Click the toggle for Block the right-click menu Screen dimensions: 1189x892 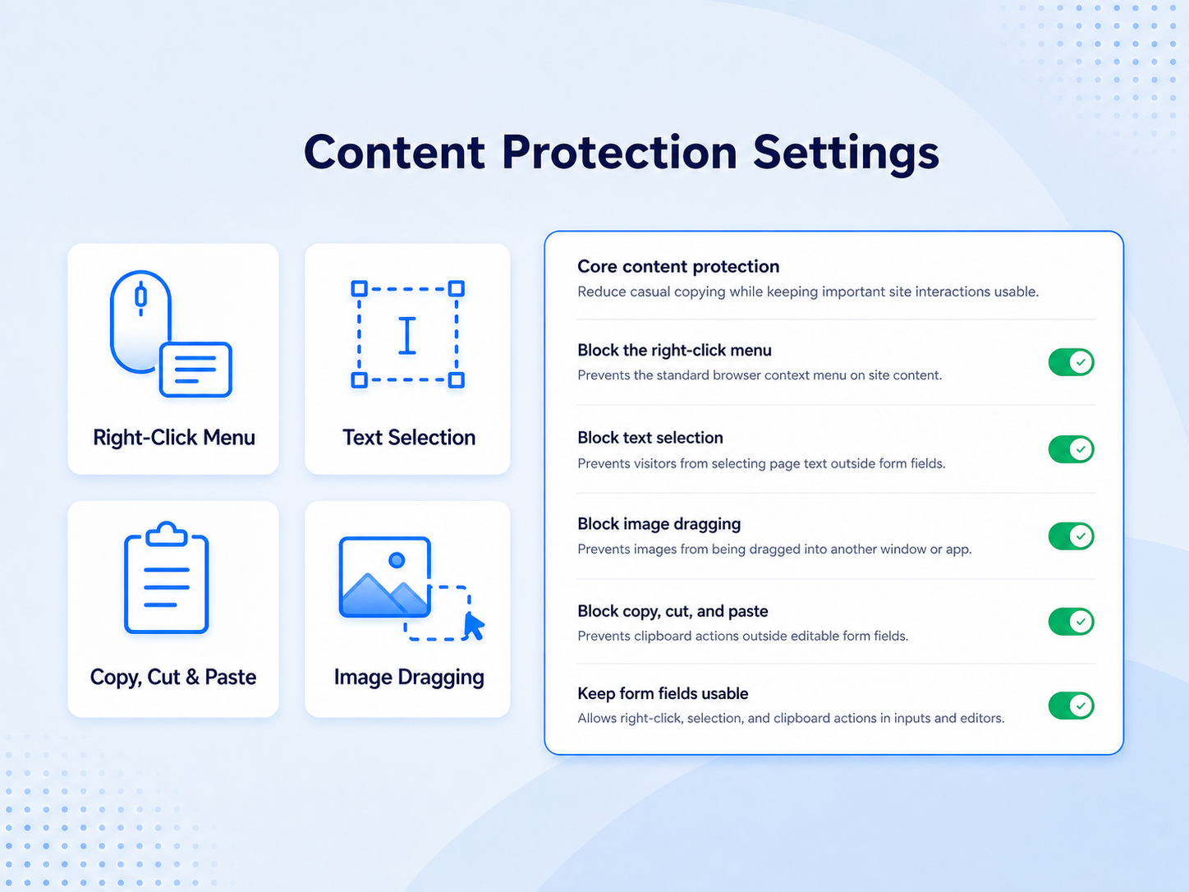click(x=1071, y=361)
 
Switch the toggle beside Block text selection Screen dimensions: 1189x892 click(x=1071, y=449)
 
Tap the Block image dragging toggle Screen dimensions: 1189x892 click(x=1071, y=536)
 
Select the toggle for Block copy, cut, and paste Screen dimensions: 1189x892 click(x=1071, y=621)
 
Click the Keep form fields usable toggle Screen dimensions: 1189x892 click(x=1071, y=706)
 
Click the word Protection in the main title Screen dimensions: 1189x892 click(x=620, y=152)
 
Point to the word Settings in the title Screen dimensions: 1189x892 click(x=846, y=154)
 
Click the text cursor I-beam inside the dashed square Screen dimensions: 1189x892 click(x=407, y=336)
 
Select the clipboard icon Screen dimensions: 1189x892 click(x=167, y=577)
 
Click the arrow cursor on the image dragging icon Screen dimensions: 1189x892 click(x=474, y=627)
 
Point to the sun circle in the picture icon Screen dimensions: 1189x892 click(x=397, y=559)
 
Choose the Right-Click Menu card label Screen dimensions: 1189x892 click(x=174, y=438)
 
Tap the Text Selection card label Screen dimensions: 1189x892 click(x=409, y=438)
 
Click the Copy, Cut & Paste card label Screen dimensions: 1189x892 click(x=173, y=677)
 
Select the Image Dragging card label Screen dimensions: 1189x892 click(x=409, y=678)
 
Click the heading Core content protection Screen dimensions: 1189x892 click(x=678, y=266)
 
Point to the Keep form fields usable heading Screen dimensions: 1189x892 click(x=663, y=693)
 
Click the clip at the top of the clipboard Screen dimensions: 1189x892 click(x=167, y=533)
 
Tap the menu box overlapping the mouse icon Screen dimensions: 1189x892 click(x=195, y=370)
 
